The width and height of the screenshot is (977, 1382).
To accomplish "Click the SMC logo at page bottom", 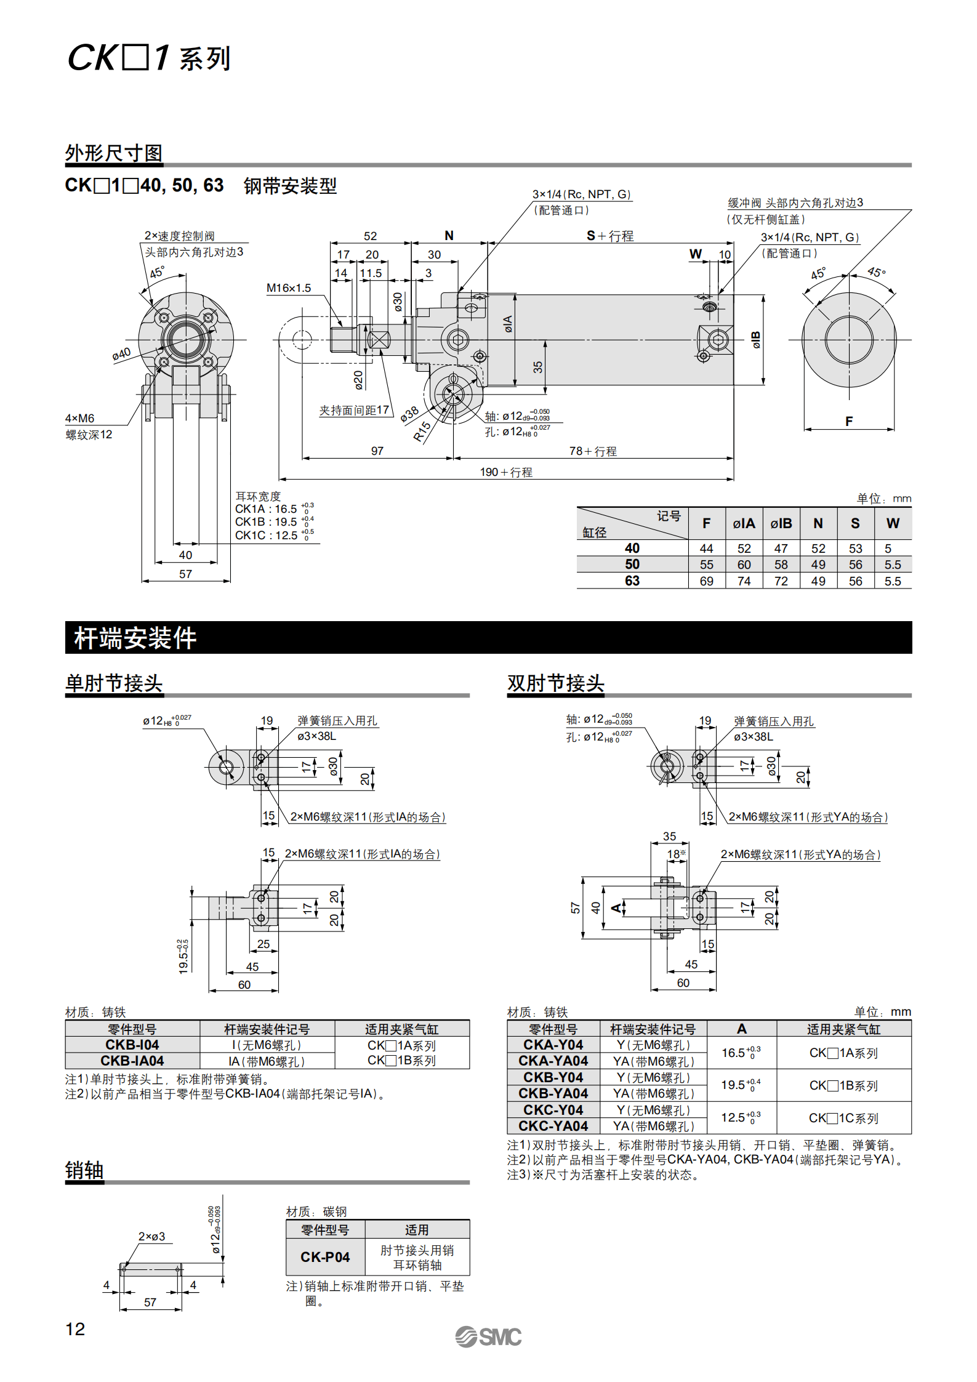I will (x=488, y=1337).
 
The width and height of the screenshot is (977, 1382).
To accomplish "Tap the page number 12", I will (x=75, y=1329).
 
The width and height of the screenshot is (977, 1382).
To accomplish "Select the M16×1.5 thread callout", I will (x=288, y=288).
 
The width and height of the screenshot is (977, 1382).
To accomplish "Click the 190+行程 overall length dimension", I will (x=506, y=472).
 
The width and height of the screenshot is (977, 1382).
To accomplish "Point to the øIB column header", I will (x=781, y=523).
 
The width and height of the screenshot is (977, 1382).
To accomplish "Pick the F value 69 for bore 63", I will (x=706, y=581).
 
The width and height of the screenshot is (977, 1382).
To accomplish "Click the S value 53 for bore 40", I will (x=855, y=548).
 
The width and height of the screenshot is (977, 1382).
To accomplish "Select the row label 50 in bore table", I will (x=632, y=564).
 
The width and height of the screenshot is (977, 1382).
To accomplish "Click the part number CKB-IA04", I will (x=132, y=1061).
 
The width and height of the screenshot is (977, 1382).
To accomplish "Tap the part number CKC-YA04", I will (x=553, y=1126).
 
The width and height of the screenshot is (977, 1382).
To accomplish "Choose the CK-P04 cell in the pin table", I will (x=325, y=1256).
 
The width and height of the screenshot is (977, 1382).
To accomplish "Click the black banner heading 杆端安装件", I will (x=135, y=638).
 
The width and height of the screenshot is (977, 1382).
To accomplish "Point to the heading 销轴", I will (x=84, y=1170).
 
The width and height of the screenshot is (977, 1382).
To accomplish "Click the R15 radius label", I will (x=422, y=432).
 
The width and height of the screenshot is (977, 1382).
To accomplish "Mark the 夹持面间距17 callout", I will (x=354, y=410).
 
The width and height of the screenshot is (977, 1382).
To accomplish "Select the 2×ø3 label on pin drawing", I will (x=151, y=1236).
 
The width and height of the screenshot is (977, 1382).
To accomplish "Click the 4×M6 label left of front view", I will (x=79, y=419).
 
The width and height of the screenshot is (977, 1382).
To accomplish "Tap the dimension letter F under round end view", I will (x=849, y=421).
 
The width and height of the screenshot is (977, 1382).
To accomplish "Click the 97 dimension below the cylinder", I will (x=377, y=451).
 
